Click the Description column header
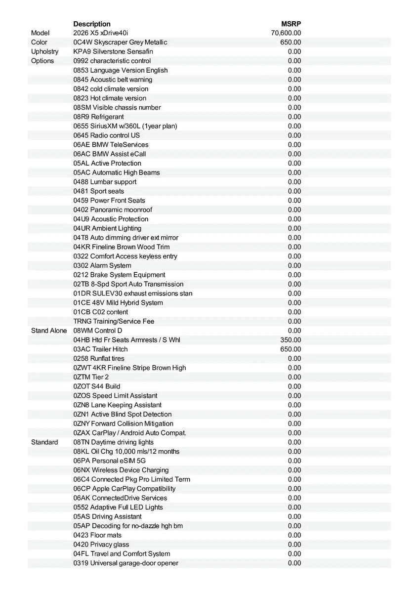(92, 24)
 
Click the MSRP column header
(291, 24)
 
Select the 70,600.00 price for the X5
(286, 33)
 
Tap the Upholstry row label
(44, 51)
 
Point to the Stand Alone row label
(48, 331)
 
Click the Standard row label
(44, 442)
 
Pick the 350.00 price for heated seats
(291, 340)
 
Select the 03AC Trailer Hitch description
(100, 349)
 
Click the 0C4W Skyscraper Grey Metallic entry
(120, 42)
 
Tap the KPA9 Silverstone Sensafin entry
(113, 51)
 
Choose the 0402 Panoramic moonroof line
(113, 210)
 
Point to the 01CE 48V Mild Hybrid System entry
(118, 302)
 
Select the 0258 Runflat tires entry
(99, 358)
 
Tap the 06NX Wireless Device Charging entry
(121, 470)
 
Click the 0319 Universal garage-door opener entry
(126, 563)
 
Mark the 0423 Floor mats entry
(97, 535)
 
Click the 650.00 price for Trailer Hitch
(291, 349)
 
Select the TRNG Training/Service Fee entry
(114, 321)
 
